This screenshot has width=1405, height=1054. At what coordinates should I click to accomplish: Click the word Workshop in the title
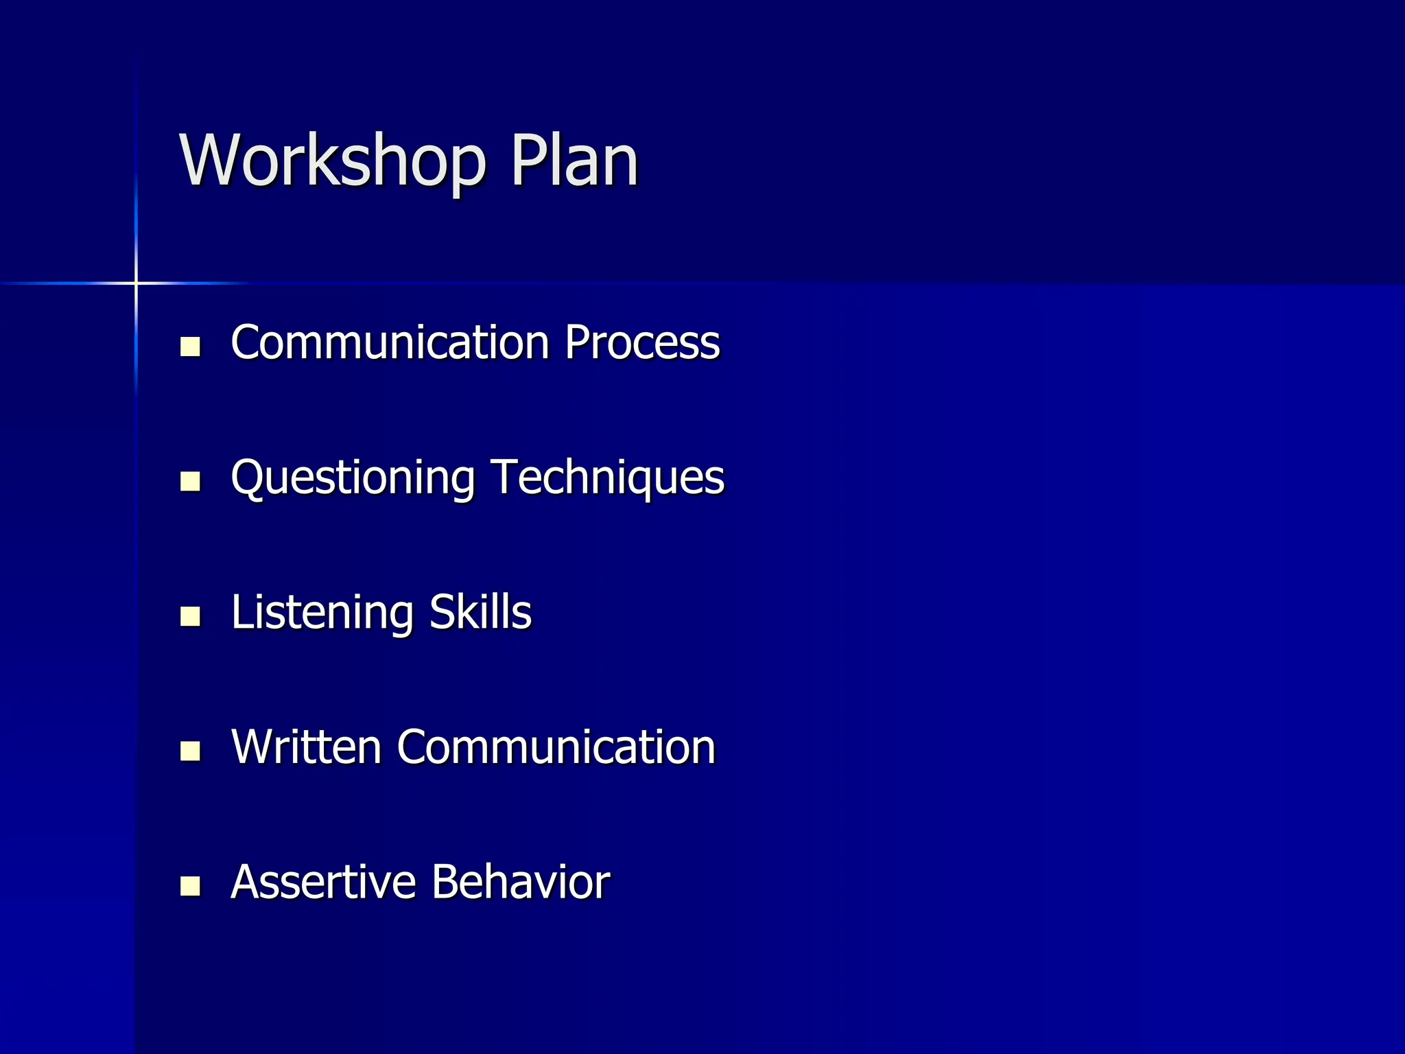pyautogui.click(x=332, y=161)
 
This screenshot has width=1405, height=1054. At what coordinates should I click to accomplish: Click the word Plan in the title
pyautogui.click(x=574, y=161)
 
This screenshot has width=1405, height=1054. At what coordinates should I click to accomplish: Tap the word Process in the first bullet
pyautogui.click(x=642, y=342)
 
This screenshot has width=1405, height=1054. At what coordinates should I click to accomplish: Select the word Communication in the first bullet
pyautogui.click(x=390, y=342)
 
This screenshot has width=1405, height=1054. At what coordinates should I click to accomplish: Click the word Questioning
pyautogui.click(x=353, y=478)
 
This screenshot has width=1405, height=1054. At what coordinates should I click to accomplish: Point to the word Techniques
pyautogui.click(x=608, y=478)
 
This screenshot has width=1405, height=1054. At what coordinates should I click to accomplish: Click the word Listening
pyautogui.click(x=322, y=613)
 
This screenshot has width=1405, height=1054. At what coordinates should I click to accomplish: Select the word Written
pyautogui.click(x=306, y=747)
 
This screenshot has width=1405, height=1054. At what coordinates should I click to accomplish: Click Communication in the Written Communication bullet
pyautogui.click(x=556, y=747)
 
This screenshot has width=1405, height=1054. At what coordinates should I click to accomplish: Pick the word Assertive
pyautogui.click(x=323, y=882)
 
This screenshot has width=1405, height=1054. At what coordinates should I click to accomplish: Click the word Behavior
pyautogui.click(x=521, y=882)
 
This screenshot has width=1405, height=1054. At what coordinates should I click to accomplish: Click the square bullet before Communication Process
pyautogui.click(x=190, y=347)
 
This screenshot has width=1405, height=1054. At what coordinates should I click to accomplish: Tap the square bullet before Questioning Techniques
pyautogui.click(x=190, y=482)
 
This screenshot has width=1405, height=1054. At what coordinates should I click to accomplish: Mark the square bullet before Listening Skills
pyautogui.click(x=190, y=616)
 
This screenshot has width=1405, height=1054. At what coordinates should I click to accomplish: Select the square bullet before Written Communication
pyautogui.click(x=190, y=751)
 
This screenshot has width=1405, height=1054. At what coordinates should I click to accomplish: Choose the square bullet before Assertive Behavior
pyautogui.click(x=190, y=886)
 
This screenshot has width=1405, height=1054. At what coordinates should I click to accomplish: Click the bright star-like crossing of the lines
pyautogui.click(x=136, y=283)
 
